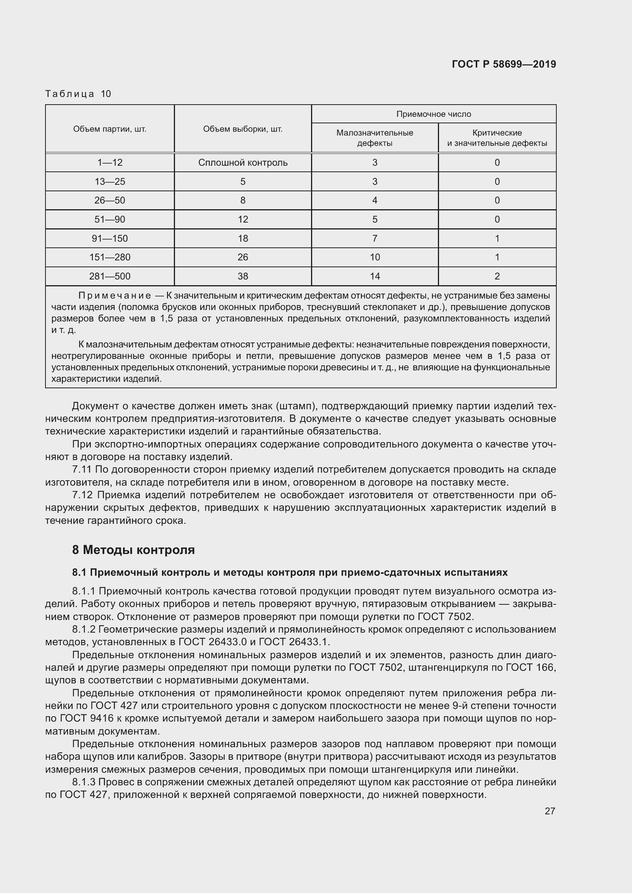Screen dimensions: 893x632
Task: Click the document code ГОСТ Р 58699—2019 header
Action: click(504, 64)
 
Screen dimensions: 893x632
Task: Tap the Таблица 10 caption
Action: click(78, 94)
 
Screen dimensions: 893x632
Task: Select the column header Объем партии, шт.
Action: click(110, 129)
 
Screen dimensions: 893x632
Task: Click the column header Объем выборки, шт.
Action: click(243, 129)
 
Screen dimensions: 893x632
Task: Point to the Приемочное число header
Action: click(434, 114)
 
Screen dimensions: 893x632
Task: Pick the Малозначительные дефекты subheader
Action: click(374, 138)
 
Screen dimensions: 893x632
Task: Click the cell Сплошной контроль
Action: click(243, 163)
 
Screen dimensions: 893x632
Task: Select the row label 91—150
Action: click(110, 238)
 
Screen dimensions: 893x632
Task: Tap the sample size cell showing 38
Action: click(243, 276)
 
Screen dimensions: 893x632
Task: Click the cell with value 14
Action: click(375, 276)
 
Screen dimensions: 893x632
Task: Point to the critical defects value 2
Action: click(497, 276)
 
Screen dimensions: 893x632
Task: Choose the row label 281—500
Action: click(110, 276)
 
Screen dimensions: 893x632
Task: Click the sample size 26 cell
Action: click(243, 257)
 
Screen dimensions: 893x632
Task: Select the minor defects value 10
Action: click(375, 257)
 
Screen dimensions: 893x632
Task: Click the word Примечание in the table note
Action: click(115, 296)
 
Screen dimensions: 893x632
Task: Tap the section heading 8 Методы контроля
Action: click(133, 550)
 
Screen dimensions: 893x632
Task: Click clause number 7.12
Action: click(83, 495)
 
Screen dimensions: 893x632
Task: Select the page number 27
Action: click(549, 811)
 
